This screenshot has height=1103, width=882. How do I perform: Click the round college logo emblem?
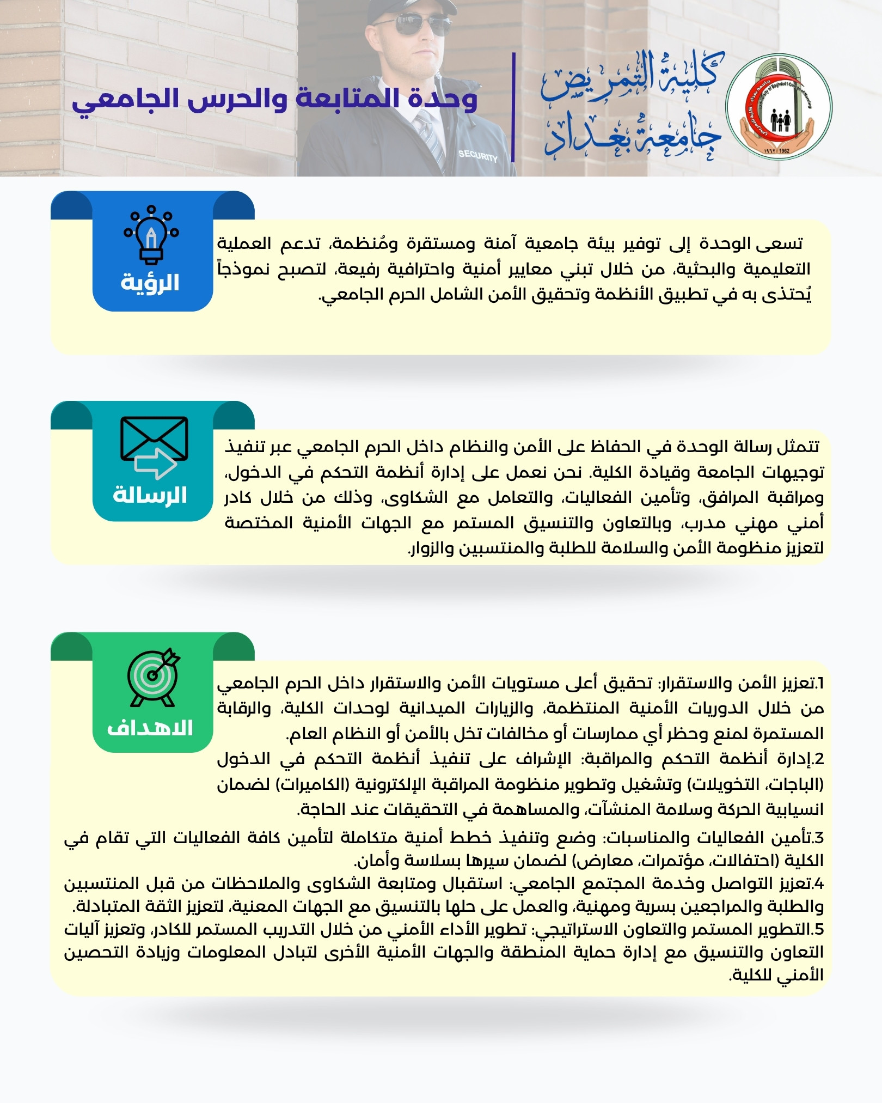pyautogui.click(x=779, y=106)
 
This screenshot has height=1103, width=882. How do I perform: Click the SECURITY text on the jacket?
pyautogui.click(x=477, y=156)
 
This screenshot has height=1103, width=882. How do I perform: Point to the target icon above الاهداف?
pyautogui.click(x=153, y=677)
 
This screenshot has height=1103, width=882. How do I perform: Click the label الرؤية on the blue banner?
pyautogui.click(x=150, y=283)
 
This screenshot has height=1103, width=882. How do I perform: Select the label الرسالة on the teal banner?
pyautogui.click(x=150, y=495)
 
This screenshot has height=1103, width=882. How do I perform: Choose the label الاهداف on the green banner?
pyautogui.click(x=150, y=728)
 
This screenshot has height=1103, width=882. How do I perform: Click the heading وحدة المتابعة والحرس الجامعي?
pyautogui.click(x=275, y=100)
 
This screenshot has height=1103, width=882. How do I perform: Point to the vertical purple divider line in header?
pyautogui.click(x=513, y=107)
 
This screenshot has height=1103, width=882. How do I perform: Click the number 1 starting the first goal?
pyautogui.click(x=820, y=683)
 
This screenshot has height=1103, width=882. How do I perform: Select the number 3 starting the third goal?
pyautogui.click(x=819, y=837)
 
